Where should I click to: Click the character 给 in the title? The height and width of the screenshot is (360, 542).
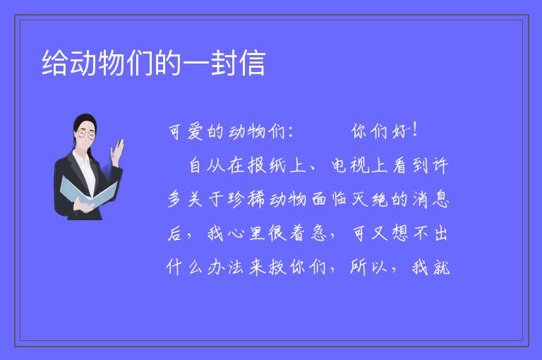point(55,63)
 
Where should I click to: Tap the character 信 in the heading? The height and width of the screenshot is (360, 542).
point(253,63)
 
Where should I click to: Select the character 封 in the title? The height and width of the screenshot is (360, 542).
point(224,63)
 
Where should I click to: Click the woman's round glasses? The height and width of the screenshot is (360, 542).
point(86,134)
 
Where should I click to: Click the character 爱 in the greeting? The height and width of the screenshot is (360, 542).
point(195,132)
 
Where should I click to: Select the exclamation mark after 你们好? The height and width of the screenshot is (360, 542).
point(415,131)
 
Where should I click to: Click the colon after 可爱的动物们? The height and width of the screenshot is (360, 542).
point(290,132)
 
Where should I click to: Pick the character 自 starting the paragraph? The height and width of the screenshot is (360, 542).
point(195,165)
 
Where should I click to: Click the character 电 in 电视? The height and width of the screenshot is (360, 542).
point(339,165)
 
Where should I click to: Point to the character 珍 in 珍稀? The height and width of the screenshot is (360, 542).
point(236,199)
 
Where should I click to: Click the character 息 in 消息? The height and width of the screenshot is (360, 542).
point(440,199)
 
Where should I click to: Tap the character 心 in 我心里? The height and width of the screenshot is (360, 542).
point(236,233)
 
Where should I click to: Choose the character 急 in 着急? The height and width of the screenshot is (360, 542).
point(318,233)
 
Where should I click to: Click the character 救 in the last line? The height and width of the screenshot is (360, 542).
point(277,267)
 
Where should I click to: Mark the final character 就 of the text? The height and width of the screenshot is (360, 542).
point(441,267)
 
